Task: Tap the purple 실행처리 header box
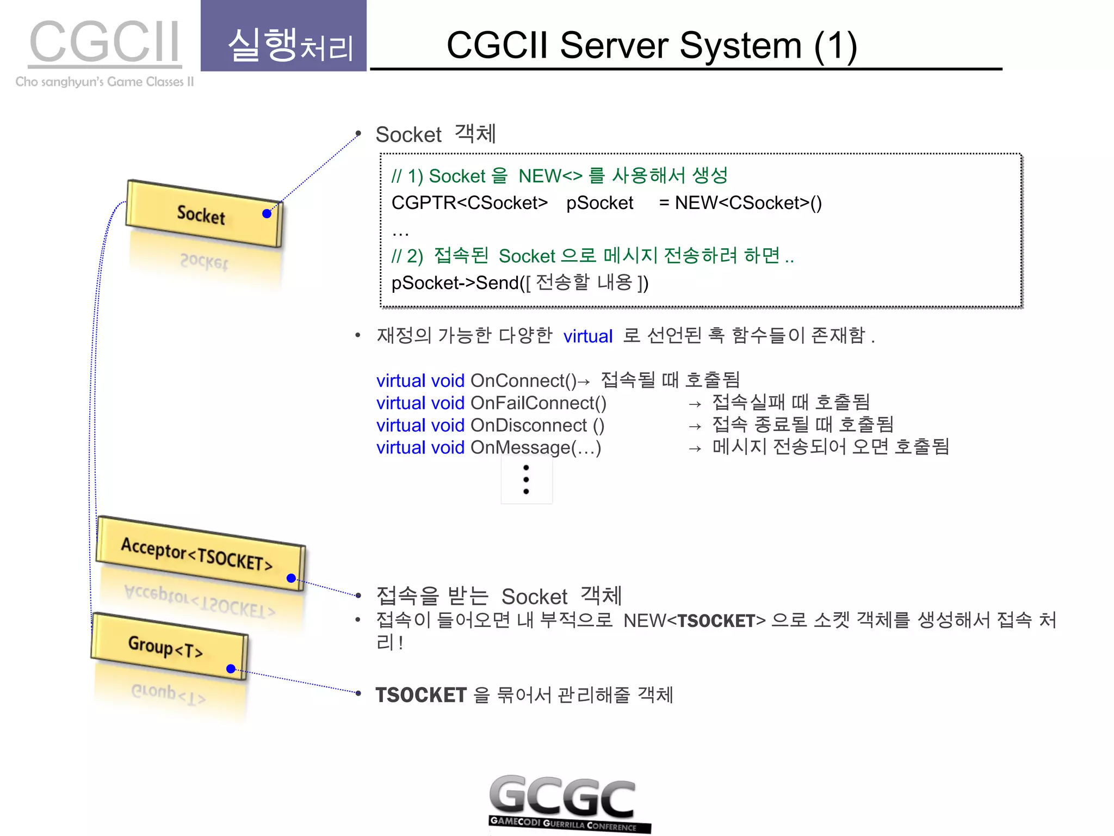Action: pyautogui.click(x=283, y=36)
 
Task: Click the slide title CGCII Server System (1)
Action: pyautogui.click(x=652, y=45)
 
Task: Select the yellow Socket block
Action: pyautogui.click(x=203, y=214)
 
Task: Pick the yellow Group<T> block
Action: pyautogui.click(x=169, y=646)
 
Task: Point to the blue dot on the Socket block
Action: pyautogui.click(x=267, y=214)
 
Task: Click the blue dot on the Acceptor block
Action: pyautogui.click(x=291, y=578)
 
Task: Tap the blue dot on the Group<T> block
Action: pyautogui.click(x=231, y=669)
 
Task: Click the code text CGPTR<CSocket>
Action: pyautogui.click(x=469, y=203)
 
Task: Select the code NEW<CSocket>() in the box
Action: pyautogui.click(x=748, y=203)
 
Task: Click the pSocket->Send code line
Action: pyautogui.click(x=519, y=283)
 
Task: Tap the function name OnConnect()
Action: pyautogui.click(x=523, y=380)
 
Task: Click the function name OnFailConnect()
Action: pyautogui.click(x=538, y=403)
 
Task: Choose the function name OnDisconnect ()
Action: pyautogui.click(x=537, y=425)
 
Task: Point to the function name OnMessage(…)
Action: pyautogui.click(x=536, y=447)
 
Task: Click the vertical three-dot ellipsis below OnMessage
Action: pyautogui.click(x=526, y=480)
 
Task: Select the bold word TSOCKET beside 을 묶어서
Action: pyautogui.click(x=420, y=695)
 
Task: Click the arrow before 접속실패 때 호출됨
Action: pyautogui.click(x=695, y=404)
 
